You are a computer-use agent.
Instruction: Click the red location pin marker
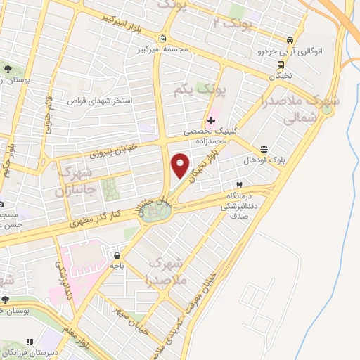(181, 165)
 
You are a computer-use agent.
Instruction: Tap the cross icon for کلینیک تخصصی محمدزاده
(212, 120)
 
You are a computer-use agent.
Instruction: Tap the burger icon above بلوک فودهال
(264, 149)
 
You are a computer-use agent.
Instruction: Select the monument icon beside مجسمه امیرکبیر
(163, 39)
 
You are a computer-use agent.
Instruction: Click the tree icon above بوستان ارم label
(7, 68)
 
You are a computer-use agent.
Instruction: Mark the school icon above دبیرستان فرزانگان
(30, 342)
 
